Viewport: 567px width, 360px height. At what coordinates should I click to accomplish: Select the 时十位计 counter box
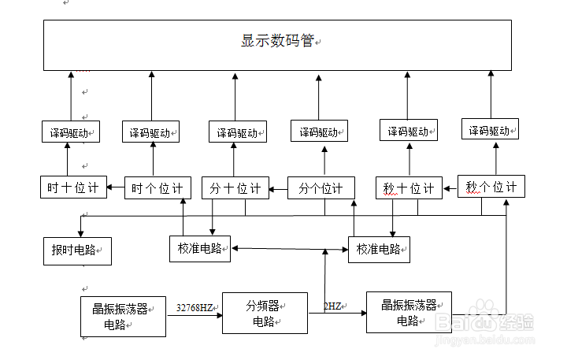pos(72,187)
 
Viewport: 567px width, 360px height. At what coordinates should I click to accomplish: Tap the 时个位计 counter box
pos(157,188)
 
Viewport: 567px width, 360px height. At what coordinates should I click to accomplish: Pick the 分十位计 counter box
pos(235,188)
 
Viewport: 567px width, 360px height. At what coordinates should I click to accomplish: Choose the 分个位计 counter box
pos(321,188)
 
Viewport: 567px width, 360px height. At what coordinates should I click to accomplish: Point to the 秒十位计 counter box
pos(408,188)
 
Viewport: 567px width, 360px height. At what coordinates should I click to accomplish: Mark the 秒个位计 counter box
pos(491,187)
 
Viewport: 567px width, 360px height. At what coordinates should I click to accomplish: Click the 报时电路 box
pos(76,250)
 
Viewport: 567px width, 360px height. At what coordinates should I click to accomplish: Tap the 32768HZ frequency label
pos(195,307)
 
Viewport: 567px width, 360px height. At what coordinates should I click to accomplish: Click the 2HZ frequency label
pos(332,306)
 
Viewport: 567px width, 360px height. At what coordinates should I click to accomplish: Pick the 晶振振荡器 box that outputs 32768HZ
pos(122,316)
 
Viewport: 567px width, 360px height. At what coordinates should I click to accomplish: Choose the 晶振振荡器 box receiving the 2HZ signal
pos(409,312)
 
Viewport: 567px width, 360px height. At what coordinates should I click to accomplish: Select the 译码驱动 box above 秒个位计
pos(490,131)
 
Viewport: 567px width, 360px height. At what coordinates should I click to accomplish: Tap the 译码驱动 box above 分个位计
pos(319,132)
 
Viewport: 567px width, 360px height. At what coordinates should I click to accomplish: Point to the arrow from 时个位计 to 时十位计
pos(116,187)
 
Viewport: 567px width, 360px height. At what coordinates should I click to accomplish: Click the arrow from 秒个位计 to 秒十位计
pos(449,187)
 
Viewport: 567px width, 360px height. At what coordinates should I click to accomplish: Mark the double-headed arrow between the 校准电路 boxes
pos(289,249)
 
